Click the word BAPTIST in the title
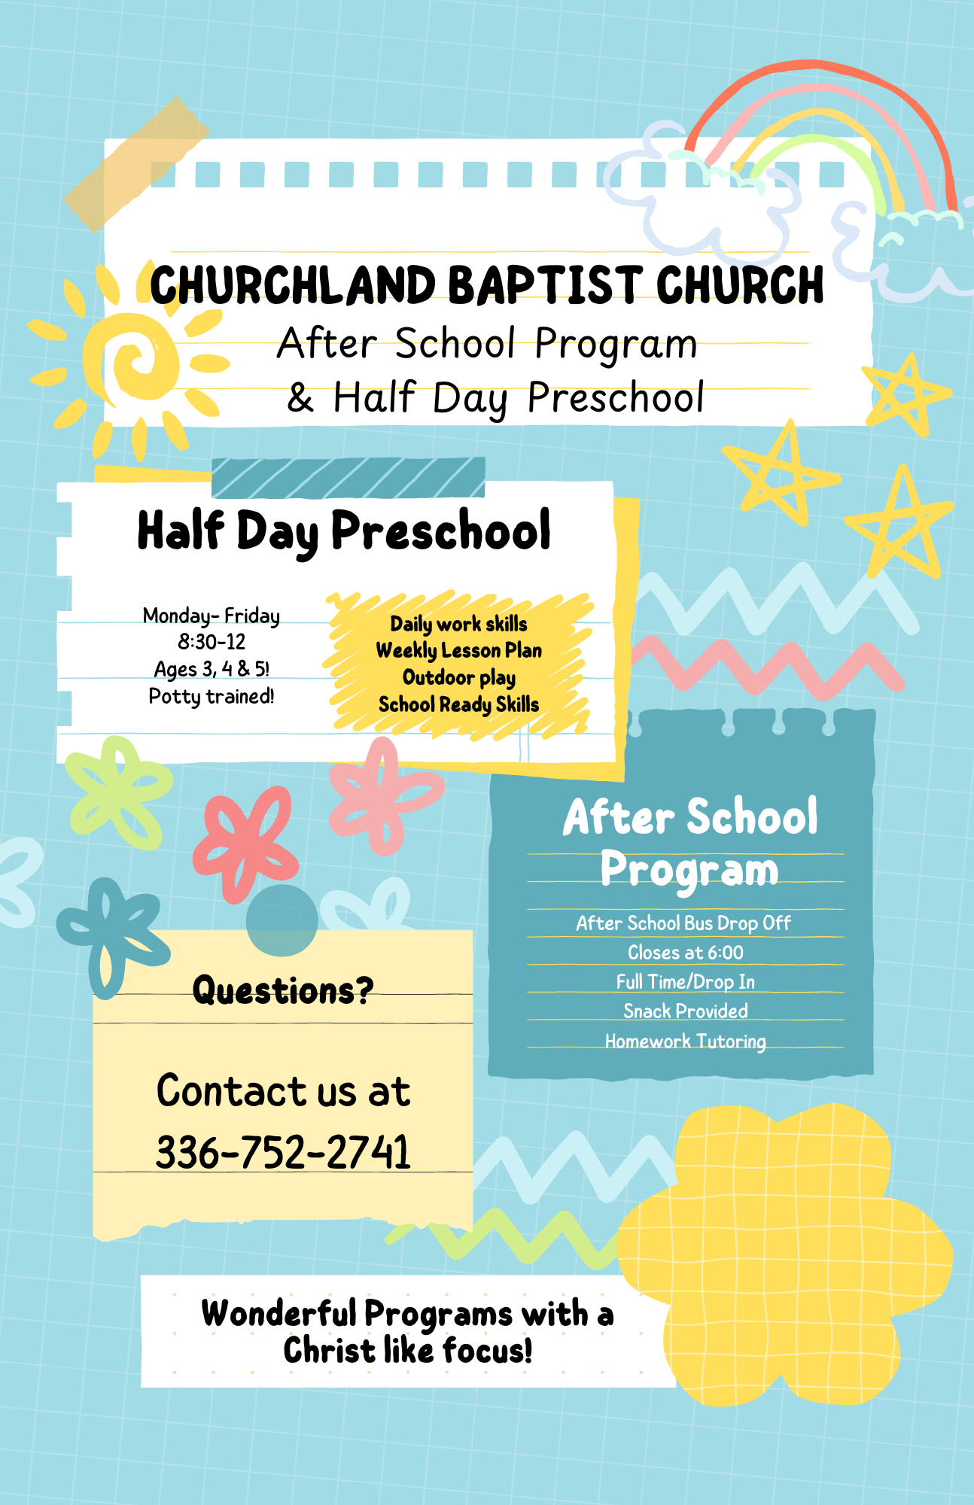coord(545,285)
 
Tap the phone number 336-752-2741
coord(283,1152)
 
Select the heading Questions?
coord(283,990)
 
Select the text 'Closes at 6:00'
coord(686,953)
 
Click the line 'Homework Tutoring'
coord(686,1041)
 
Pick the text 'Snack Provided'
coord(686,1011)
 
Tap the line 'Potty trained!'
coord(212,696)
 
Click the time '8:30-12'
coord(212,642)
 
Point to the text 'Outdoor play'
coord(459,677)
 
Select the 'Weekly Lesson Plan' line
coord(459,650)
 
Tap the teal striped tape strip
coord(349,477)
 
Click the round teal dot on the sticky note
coord(282,920)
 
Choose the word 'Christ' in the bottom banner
coord(328,1351)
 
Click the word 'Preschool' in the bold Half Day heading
coord(441,531)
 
